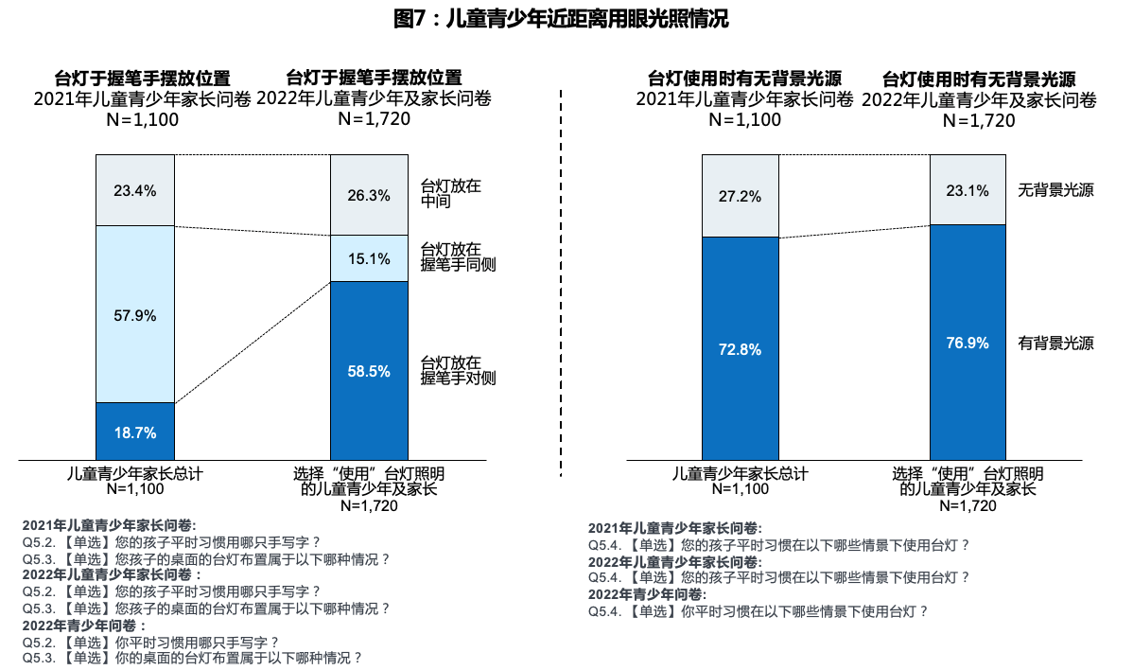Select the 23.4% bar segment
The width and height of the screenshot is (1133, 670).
(x=135, y=190)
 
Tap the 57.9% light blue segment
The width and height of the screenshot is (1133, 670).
(x=135, y=314)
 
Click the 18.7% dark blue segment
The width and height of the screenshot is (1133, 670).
(x=135, y=432)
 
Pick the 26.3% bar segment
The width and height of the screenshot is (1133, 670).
(x=369, y=195)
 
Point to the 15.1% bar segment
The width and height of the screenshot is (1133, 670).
(x=369, y=258)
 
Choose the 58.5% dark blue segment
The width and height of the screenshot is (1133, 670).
(x=369, y=370)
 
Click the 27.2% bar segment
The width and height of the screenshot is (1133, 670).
(x=741, y=196)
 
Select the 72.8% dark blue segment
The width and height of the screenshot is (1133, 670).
(x=741, y=348)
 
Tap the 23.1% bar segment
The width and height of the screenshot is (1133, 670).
(x=967, y=190)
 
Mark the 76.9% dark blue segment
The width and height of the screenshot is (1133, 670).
(x=967, y=343)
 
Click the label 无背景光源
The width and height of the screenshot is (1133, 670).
(x=1055, y=190)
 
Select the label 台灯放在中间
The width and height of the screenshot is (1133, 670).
(x=450, y=194)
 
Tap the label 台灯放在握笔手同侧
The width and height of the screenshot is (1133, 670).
(x=458, y=257)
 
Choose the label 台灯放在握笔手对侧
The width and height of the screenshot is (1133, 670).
(x=458, y=370)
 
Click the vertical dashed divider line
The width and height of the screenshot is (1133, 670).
(x=562, y=284)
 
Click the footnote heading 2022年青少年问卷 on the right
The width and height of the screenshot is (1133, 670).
(x=647, y=594)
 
